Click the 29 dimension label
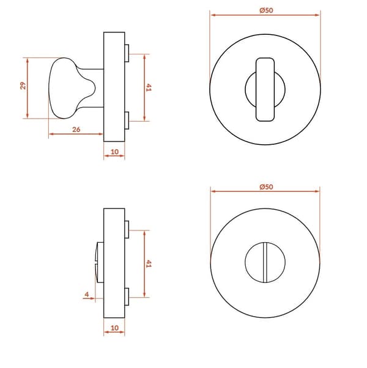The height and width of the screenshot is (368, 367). point(23,86)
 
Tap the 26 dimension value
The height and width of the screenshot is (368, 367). point(76,130)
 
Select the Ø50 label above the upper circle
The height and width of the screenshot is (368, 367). point(266,10)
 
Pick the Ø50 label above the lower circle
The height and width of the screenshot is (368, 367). point(266,187)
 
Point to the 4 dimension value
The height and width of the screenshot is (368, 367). point(87,294)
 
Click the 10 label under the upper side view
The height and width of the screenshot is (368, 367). point(114,152)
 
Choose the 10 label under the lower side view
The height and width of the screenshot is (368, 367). point(114,328)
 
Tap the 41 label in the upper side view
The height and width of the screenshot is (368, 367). point(149,87)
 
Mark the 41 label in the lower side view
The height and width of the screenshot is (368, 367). point(149,263)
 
